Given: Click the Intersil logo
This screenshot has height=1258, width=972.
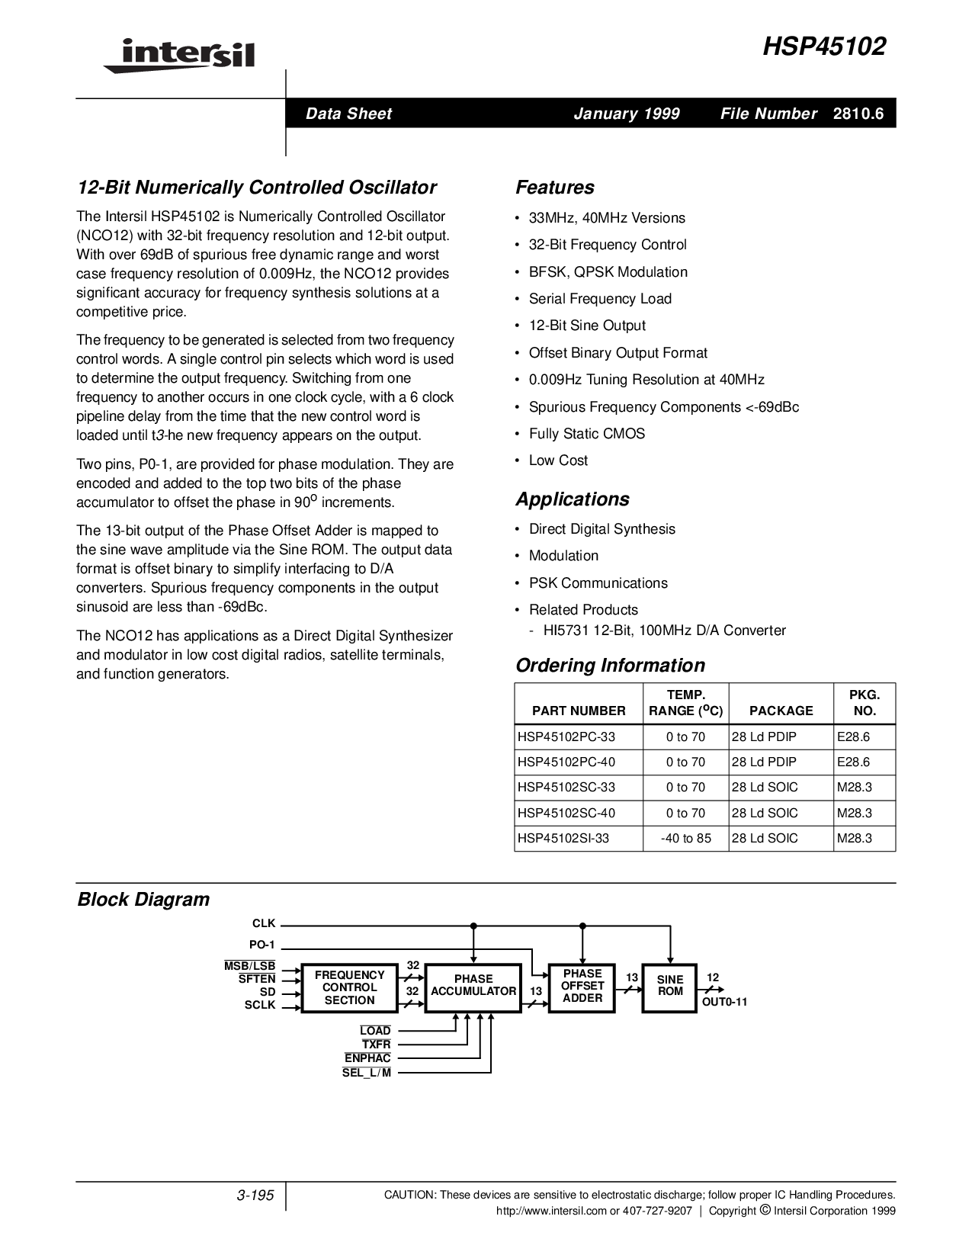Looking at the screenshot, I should tap(178, 56).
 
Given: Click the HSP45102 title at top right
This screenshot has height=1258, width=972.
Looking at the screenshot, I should tap(825, 47).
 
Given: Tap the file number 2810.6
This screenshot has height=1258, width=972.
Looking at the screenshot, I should tap(858, 114).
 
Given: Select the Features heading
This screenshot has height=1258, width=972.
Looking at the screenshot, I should tap(554, 188).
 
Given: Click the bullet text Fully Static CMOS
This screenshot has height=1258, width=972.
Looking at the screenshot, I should tap(586, 434).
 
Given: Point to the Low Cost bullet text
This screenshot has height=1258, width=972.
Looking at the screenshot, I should tap(558, 461).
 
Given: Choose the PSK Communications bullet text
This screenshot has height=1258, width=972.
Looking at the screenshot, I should tap(598, 583).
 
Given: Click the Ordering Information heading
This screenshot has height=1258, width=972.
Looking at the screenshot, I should tap(610, 666).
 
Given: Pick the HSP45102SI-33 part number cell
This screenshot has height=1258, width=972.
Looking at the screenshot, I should tap(563, 838).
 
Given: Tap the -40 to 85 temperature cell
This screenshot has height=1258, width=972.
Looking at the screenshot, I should tap(686, 838).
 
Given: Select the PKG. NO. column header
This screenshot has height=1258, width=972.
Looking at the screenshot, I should tap(865, 703).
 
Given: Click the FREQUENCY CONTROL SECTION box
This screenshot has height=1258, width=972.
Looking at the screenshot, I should tap(349, 988).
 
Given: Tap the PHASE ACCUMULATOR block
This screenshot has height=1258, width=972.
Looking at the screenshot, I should tap(473, 985).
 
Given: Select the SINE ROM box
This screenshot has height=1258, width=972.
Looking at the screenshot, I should tap(670, 986).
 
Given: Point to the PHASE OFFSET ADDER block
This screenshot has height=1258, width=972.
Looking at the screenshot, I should tap(582, 986).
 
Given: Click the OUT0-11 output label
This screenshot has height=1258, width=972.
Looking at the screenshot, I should tap(724, 1002).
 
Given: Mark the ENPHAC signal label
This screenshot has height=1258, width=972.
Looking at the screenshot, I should tap(367, 1058).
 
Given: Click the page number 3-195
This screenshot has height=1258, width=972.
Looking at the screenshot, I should tap(255, 1195).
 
